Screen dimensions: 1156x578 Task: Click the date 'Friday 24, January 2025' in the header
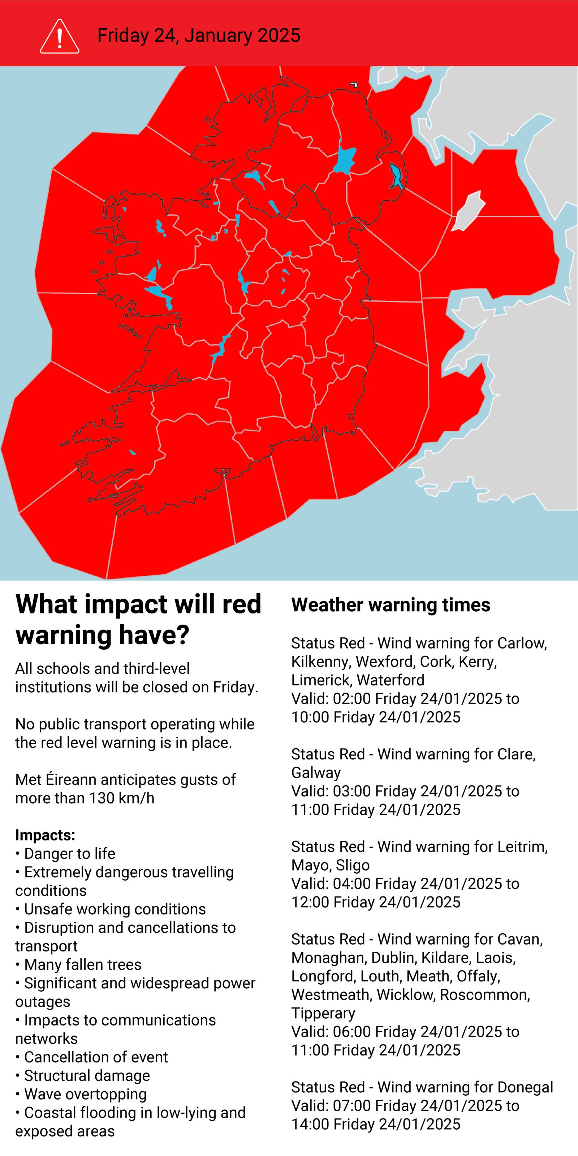[199, 35]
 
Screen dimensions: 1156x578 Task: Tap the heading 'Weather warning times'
[391, 605]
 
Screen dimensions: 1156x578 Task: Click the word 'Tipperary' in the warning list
[323, 1013]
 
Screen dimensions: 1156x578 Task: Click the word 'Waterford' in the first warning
[391, 680]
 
